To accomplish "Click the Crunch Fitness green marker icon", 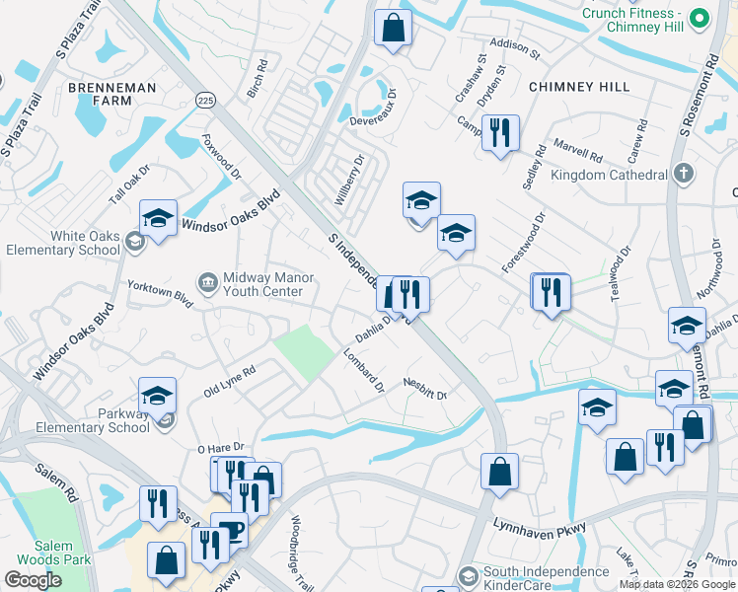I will click(x=700, y=19).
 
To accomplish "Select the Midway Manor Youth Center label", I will click(x=262, y=284).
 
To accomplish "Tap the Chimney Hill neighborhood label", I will click(x=579, y=87).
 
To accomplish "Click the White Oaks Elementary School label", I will click(x=64, y=243).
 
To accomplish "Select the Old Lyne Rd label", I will click(x=230, y=380).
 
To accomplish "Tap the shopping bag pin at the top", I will click(x=393, y=29).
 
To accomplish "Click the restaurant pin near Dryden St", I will click(x=500, y=132).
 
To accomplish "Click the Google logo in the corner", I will click(x=33, y=580).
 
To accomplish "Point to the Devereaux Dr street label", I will click(x=379, y=121).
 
